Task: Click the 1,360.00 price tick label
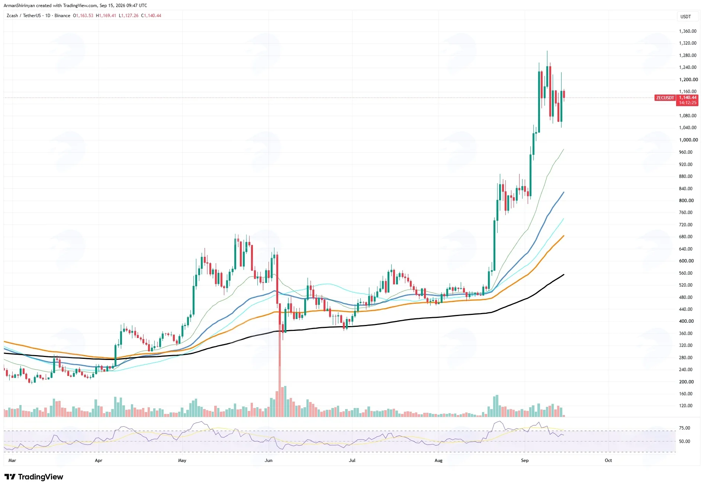click(688, 31)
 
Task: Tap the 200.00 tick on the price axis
click(686, 382)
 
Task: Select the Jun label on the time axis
click(269, 460)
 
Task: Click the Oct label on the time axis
click(608, 460)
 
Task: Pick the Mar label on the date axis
click(12, 460)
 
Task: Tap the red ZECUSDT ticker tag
click(665, 98)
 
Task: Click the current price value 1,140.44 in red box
click(688, 98)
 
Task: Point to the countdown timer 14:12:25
click(688, 103)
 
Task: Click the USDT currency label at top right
click(686, 17)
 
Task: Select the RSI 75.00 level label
click(685, 428)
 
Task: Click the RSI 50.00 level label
click(685, 441)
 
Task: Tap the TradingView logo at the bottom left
click(34, 477)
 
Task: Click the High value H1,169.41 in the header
click(106, 16)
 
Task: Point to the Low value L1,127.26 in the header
click(129, 16)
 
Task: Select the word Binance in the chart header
click(62, 16)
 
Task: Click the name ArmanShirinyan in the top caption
click(19, 6)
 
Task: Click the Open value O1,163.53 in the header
click(83, 16)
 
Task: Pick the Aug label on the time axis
click(439, 460)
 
